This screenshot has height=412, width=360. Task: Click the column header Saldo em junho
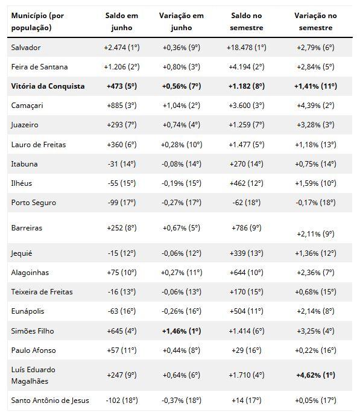pyautogui.click(x=122, y=22)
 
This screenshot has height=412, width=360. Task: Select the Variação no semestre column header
pyautogui.click(x=315, y=22)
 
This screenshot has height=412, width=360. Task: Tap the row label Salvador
pyautogui.click(x=26, y=48)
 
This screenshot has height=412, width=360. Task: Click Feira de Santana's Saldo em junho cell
pyautogui.click(x=122, y=67)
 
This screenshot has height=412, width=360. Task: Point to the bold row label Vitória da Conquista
pyautogui.click(x=48, y=86)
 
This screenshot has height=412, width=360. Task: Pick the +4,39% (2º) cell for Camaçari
pyautogui.click(x=315, y=106)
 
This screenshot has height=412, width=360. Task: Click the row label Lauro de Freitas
pyautogui.click(x=39, y=145)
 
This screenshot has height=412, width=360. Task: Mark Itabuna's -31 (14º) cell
pyautogui.click(x=122, y=164)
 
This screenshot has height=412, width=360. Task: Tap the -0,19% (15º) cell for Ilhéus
pyautogui.click(x=182, y=183)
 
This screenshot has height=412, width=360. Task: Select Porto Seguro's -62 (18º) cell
pyautogui.click(x=246, y=203)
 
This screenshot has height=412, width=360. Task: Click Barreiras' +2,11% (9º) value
pyautogui.click(x=315, y=234)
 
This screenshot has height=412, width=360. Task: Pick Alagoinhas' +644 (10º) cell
pyautogui.click(x=246, y=273)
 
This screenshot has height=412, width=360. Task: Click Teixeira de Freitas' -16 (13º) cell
pyautogui.click(x=122, y=292)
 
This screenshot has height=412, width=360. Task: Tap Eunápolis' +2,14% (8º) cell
pyautogui.click(x=315, y=311)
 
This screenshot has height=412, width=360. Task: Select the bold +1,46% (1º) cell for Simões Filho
pyautogui.click(x=182, y=331)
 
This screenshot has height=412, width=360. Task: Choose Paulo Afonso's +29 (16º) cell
pyautogui.click(x=246, y=350)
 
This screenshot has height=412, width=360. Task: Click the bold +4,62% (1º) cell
pyautogui.click(x=315, y=375)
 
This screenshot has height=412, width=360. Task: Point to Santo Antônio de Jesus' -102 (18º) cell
pyautogui.click(x=122, y=401)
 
